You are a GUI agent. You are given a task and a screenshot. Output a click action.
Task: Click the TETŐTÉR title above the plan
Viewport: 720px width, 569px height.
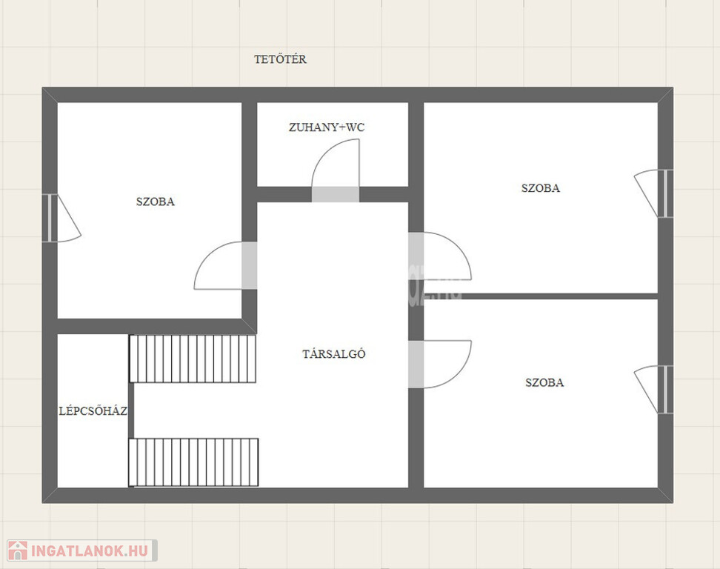(x=280, y=59)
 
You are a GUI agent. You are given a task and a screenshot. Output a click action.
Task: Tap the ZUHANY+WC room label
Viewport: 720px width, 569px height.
(x=327, y=127)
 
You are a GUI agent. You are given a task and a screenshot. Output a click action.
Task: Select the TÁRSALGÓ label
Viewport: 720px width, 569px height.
(x=334, y=353)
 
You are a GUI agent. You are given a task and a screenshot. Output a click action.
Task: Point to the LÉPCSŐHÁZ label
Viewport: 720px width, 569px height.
(x=93, y=410)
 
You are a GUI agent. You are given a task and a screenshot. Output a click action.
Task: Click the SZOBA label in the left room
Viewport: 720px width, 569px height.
(x=156, y=202)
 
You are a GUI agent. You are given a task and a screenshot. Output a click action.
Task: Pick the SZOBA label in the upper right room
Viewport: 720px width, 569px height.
(x=541, y=188)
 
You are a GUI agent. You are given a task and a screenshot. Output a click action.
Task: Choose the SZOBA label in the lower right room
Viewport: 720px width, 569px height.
(x=544, y=382)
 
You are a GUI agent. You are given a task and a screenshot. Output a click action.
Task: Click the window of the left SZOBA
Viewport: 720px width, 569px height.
(x=50, y=218)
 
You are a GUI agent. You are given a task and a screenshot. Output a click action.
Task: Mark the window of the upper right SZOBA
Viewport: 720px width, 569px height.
(x=665, y=193)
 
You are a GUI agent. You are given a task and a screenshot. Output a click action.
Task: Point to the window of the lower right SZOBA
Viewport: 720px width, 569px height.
(x=665, y=390)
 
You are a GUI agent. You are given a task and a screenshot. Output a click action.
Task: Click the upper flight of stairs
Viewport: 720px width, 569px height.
(x=193, y=359)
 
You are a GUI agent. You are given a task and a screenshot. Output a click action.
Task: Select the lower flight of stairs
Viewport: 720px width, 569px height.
(x=193, y=462)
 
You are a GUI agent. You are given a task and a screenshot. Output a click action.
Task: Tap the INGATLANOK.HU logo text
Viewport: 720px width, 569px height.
(x=90, y=550)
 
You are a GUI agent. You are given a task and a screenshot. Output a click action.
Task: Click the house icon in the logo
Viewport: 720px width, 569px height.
(x=18, y=550)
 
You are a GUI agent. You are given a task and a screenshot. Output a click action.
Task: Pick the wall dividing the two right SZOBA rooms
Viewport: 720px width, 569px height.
(x=541, y=296)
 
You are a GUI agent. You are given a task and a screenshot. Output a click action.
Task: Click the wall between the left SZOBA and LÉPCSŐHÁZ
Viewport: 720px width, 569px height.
(x=149, y=326)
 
